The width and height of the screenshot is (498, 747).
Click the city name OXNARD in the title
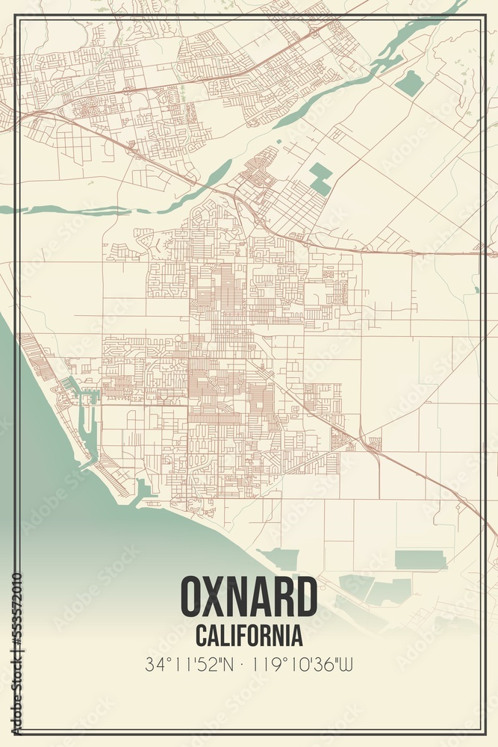(249, 598)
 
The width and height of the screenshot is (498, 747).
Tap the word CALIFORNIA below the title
(249, 636)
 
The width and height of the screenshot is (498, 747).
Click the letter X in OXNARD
(217, 598)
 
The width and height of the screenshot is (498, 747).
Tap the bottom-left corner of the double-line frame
(16, 733)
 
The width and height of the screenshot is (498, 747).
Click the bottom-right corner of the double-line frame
(482, 733)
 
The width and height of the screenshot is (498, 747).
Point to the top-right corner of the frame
(482, 16)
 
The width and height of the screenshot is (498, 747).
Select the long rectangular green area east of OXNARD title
(420, 559)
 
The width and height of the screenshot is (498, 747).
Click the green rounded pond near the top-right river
(409, 83)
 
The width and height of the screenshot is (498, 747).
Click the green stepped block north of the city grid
(321, 178)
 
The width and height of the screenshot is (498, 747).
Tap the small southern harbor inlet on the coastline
(143, 492)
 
